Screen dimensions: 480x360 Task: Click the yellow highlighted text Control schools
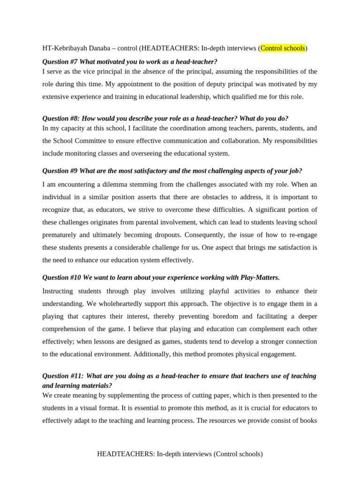[283, 48]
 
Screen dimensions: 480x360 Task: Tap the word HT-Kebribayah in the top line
[64, 48]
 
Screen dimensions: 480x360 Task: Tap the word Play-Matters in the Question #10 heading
[259, 277]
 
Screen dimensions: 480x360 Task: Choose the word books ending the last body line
[308, 420]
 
